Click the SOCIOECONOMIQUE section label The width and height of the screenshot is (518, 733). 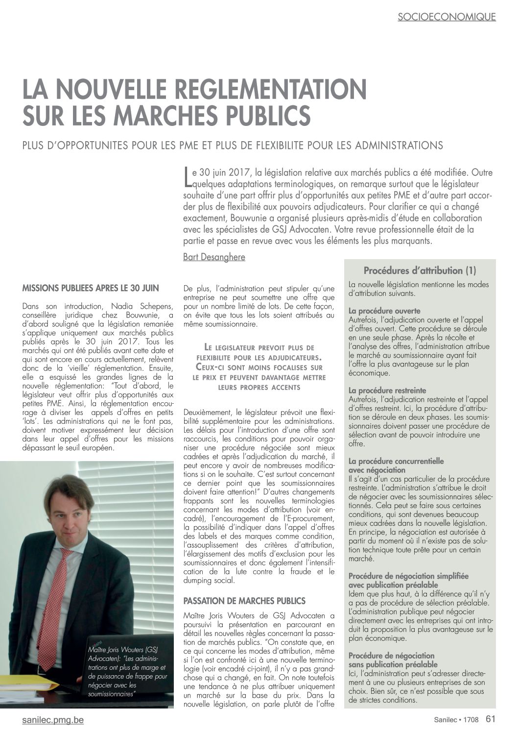(x=447, y=17)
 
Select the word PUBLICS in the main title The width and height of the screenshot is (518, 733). (x=260, y=116)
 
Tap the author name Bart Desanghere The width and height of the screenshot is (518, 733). (x=214, y=257)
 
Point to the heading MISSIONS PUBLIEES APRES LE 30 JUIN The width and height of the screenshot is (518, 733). (x=91, y=288)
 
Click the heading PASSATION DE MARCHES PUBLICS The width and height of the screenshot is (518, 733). (x=244, y=601)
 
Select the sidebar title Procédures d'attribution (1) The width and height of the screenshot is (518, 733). (x=420, y=270)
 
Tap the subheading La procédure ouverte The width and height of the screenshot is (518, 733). (x=384, y=311)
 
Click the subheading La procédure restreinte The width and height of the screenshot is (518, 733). (x=387, y=391)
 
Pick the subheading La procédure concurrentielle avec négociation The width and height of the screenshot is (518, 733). (x=396, y=465)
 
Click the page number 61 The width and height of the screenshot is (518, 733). (x=491, y=719)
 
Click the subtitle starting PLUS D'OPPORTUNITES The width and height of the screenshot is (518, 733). (x=233, y=146)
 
